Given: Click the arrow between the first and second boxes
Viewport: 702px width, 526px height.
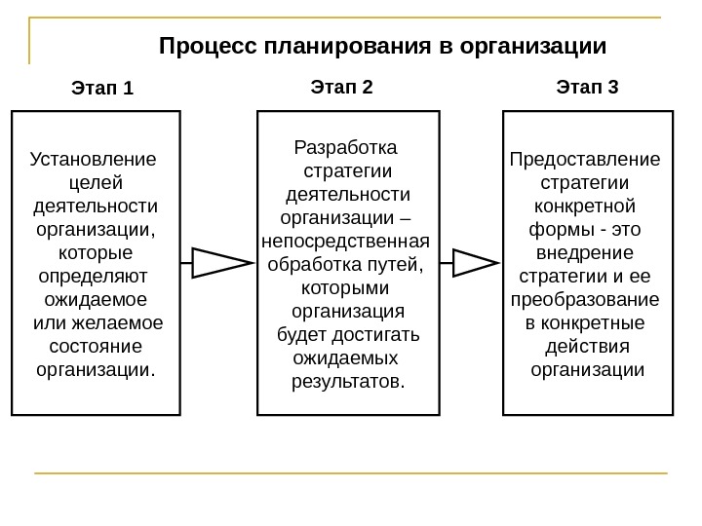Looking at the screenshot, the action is pyautogui.click(x=220, y=263).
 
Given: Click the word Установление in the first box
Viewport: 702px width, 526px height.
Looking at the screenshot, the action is pyautogui.click(x=94, y=159).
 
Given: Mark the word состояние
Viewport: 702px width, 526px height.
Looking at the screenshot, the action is pyautogui.click(x=96, y=346).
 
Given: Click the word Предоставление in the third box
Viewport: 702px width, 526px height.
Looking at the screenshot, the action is pyautogui.click(x=585, y=159).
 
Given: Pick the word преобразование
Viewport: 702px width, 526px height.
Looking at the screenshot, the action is pyautogui.click(x=585, y=299).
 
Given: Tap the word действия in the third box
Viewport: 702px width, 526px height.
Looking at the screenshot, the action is pyautogui.click(x=586, y=346).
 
